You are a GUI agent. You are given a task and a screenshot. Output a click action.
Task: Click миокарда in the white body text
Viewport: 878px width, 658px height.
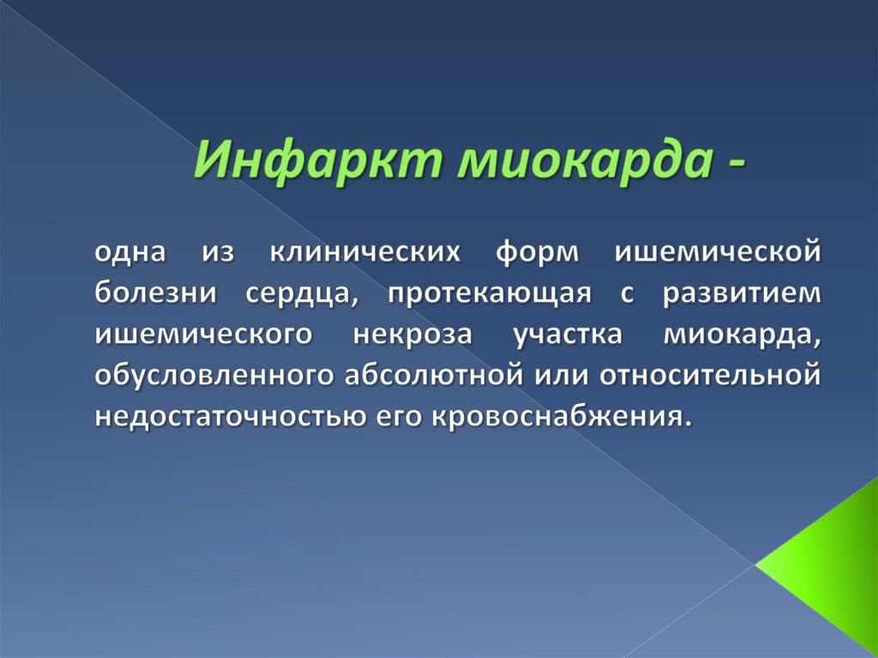(748, 335)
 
